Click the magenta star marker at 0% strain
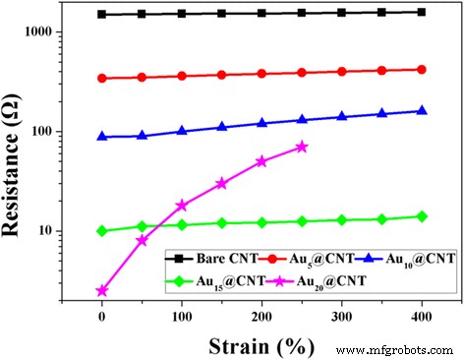pyautogui.click(x=102, y=291)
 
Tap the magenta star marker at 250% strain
pyautogui.click(x=302, y=147)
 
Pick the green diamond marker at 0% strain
pyautogui.click(x=102, y=231)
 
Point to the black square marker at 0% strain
pyautogui.click(x=102, y=15)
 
